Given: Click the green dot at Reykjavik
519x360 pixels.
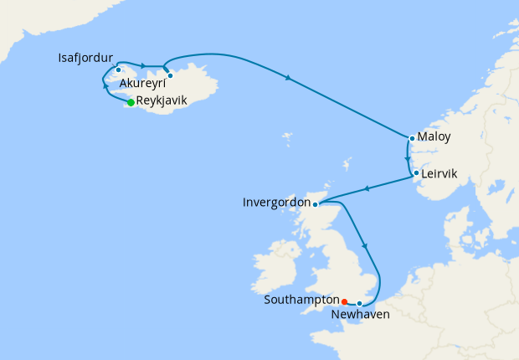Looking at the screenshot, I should coord(131,102).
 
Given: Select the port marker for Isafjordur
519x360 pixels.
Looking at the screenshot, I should coord(119,69).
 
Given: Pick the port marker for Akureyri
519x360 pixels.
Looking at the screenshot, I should coord(170,76).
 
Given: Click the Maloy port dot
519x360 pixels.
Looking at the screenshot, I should coord(412,138).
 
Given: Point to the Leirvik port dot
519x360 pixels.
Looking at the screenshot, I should coord(416,173).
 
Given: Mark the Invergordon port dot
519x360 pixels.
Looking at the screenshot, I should coord(315,203).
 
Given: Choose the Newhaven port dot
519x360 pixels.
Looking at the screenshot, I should coord(359,303).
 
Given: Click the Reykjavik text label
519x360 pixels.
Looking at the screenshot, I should coord(162,101).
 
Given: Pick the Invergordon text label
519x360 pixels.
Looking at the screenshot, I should coord(275,203).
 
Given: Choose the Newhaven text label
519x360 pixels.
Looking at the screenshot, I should coord(361,315).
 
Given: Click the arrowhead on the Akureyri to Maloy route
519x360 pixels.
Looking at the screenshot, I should coord(289,79).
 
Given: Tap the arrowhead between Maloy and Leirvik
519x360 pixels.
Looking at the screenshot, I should coord(408,157).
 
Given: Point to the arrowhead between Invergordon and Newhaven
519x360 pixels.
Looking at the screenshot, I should coord(365,244).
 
